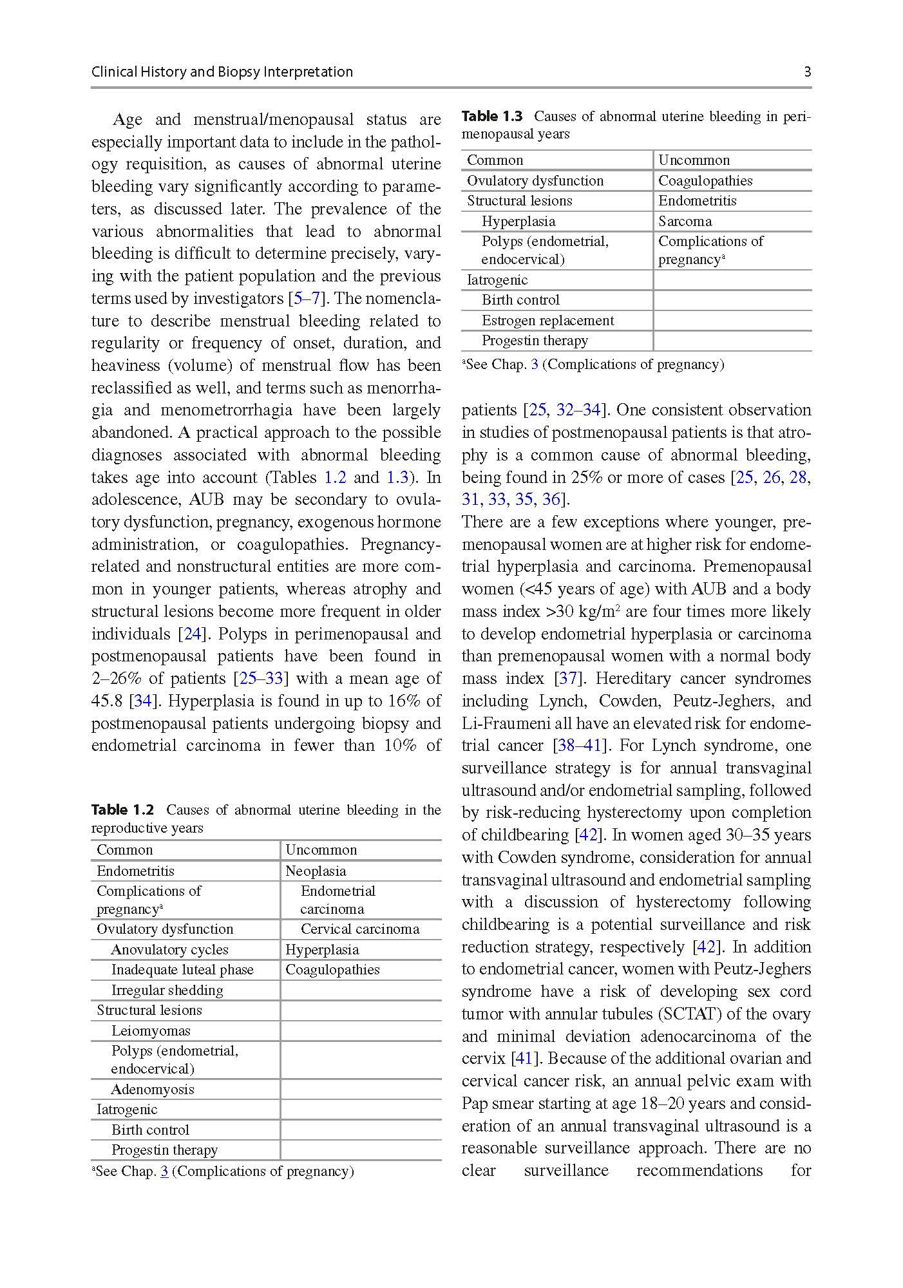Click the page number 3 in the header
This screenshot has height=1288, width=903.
807,72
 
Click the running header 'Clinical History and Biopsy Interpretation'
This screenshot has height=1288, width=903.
222,72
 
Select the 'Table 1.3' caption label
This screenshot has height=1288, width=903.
492,117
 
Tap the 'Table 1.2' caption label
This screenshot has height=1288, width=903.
122,810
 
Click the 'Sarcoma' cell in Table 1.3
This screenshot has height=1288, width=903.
685,222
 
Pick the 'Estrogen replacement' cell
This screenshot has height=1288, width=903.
547,321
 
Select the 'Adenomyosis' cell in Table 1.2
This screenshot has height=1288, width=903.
153,1089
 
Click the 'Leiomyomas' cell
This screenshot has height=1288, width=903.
151,1030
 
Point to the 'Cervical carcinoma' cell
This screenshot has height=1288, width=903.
359,929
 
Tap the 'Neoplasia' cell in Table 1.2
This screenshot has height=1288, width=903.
316,871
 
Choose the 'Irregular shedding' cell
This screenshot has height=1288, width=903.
167,990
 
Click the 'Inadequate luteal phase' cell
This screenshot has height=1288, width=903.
182,970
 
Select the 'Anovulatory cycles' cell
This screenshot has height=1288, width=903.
169,950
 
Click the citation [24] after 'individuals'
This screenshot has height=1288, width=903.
193,634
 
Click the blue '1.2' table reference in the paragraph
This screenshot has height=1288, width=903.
335,478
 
